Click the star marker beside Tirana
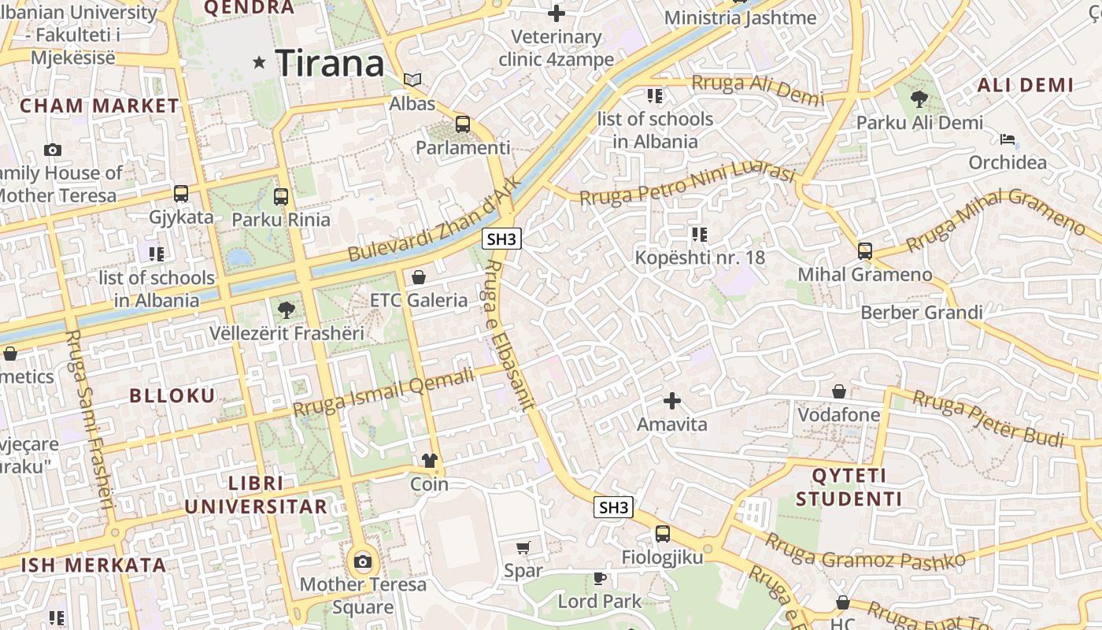click(x=259, y=62)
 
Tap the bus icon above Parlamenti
click(x=463, y=124)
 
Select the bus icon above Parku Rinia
click(x=281, y=196)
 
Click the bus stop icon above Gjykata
click(x=181, y=193)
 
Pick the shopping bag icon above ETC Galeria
click(x=419, y=277)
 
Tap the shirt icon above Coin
click(x=429, y=461)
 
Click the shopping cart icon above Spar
click(x=523, y=547)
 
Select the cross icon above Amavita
click(x=671, y=401)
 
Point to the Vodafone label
click(x=839, y=415)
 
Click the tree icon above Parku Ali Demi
click(x=919, y=99)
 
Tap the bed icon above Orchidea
click(x=1008, y=139)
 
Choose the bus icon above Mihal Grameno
click(x=865, y=251)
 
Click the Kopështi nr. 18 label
click(x=700, y=258)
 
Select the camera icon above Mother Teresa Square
click(x=362, y=561)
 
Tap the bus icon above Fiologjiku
click(x=663, y=533)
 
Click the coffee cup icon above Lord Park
click(x=600, y=579)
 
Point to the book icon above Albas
click(x=412, y=80)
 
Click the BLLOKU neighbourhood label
click(x=172, y=395)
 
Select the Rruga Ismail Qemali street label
click(x=384, y=392)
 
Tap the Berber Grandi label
click(x=921, y=313)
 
